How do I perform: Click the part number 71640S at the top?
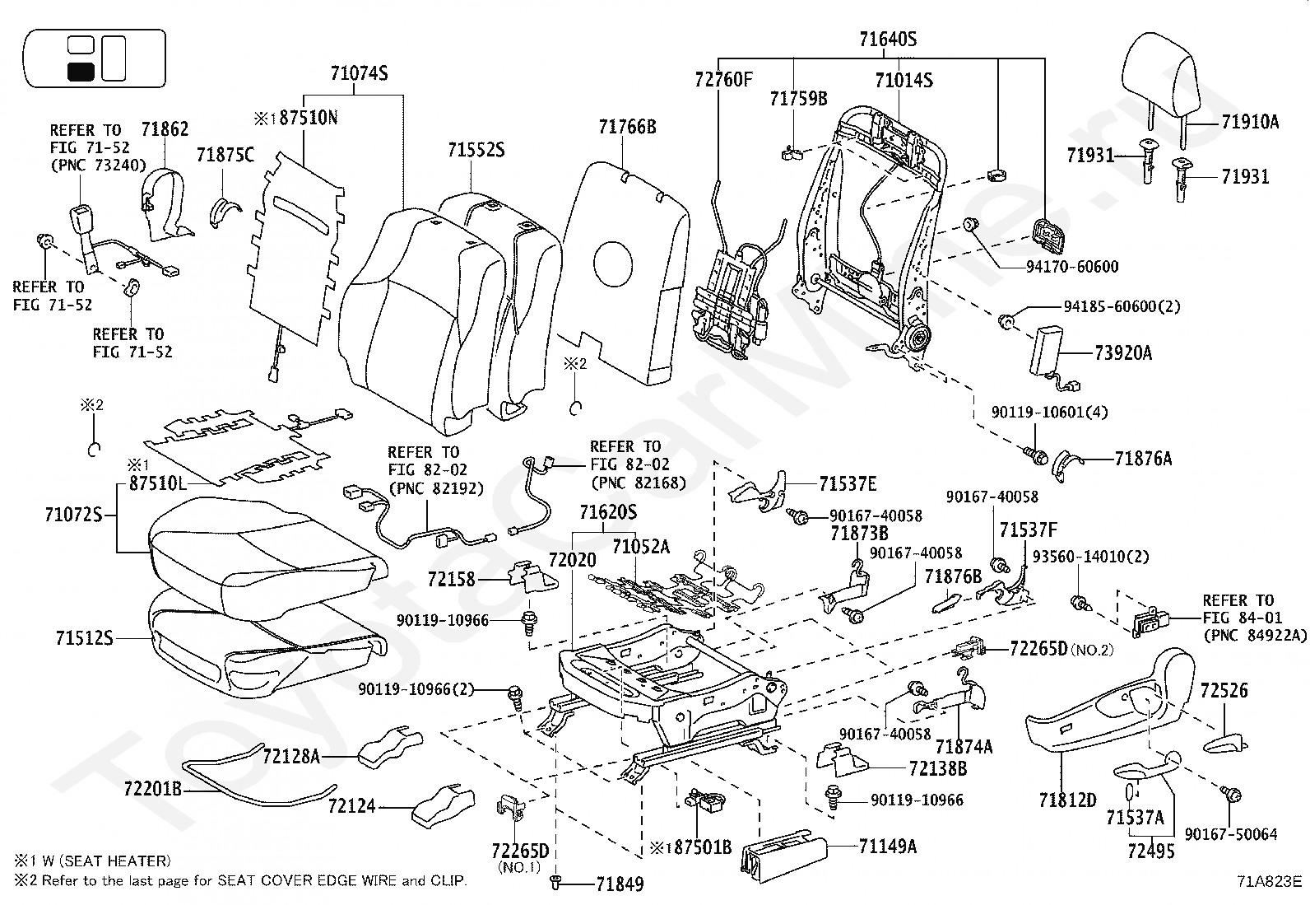[x=888, y=40]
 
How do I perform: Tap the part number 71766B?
[x=628, y=127]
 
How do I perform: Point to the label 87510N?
[x=309, y=118]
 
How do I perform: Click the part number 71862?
[x=165, y=128]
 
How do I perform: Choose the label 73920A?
[x=1123, y=353]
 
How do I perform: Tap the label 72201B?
[x=152, y=789]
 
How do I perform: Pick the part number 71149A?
[x=888, y=846]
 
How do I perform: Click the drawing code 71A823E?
[x=1270, y=880]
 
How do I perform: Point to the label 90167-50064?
[x=1231, y=834]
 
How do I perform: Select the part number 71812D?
[x=1068, y=800]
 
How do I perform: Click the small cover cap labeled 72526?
[x=1225, y=743]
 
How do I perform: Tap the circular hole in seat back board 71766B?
[x=613, y=264]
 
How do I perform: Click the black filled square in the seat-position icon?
[x=81, y=72]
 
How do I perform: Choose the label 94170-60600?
[x=1072, y=266]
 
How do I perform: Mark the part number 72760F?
[x=723, y=79]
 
